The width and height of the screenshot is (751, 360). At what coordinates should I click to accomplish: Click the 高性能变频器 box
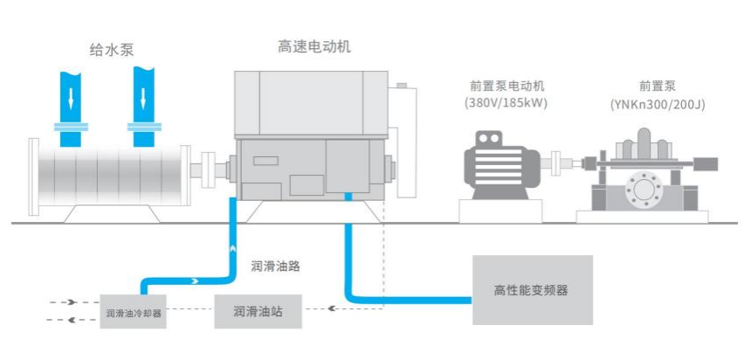pyautogui.click(x=532, y=289)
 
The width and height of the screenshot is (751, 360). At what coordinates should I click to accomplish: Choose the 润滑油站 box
pyautogui.click(x=257, y=310)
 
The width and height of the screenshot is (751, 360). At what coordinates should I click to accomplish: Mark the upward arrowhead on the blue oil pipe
pyautogui.click(x=231, y=248)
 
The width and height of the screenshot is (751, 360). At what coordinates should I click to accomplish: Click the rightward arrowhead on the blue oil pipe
pyautogui.click(x=191, y=282)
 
